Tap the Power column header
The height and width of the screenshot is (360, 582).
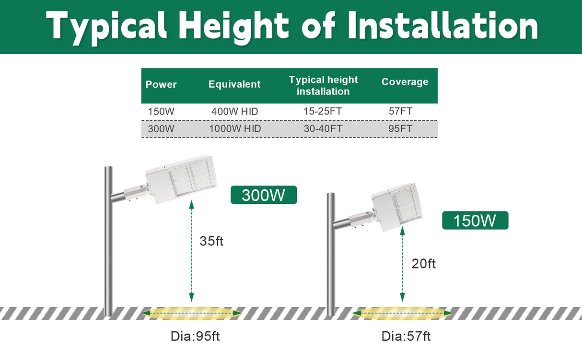tap(161, 85)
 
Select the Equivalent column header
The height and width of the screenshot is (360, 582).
tap(234, 84)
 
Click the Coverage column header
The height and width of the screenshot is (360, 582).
tap(405, 82)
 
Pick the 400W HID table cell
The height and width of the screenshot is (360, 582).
tap(234, 112)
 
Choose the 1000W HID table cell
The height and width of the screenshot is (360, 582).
tap(234, 129)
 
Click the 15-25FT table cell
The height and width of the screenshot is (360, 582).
tap(323, 112)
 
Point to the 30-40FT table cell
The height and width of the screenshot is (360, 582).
tap(323, 129)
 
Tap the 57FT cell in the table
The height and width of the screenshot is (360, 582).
tap(401, 112)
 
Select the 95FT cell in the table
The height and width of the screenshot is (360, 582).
tap(401, 129)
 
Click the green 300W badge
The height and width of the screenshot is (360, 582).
tap(264, 195)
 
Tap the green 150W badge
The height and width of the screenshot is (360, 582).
tap(475, 221)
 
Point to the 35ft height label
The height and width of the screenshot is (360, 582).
tap(211, 241)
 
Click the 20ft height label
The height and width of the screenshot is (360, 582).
tap(424, 263)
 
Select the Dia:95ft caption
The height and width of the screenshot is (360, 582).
tap(195, 336)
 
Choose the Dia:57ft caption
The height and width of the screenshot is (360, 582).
tap(406, 336)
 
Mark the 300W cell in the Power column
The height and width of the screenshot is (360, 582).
tap(161, 129)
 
